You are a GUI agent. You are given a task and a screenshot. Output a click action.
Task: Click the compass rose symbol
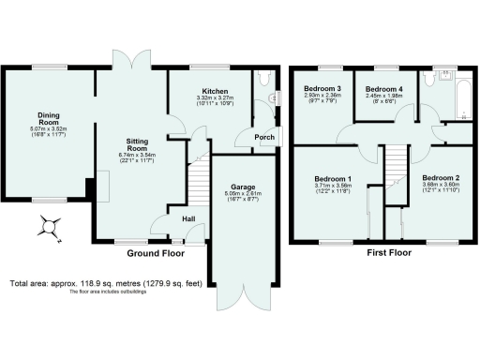49,226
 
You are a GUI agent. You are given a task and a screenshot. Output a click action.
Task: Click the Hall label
187,218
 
